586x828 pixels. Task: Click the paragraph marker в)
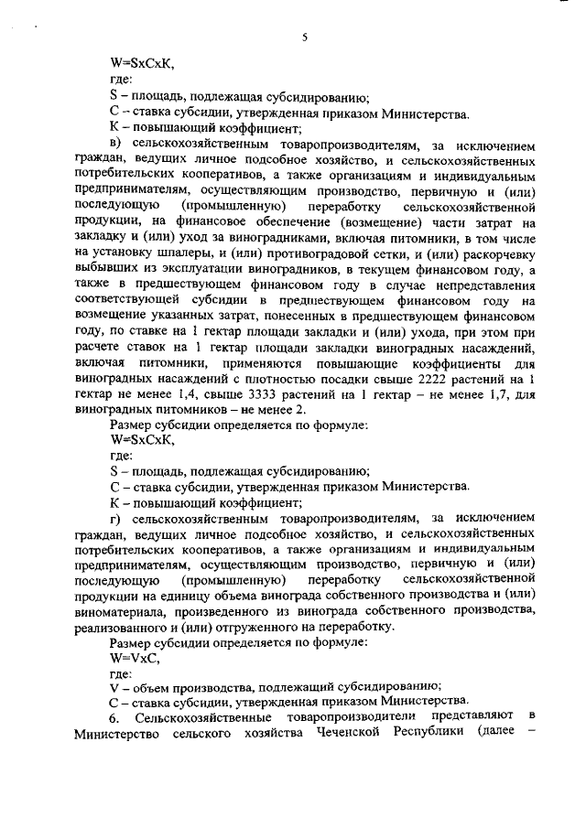coord(115,143)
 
